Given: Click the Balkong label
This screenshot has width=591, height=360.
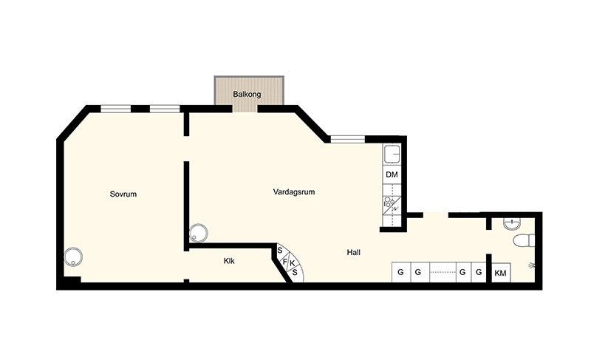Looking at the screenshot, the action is pos(247,94).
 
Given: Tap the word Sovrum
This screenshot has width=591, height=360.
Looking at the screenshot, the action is pos(123,194).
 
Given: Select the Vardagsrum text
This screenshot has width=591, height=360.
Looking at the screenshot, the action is pos(294,192).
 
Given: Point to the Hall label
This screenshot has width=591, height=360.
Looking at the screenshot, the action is pos(354,253).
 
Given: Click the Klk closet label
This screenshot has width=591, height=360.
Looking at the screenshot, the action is pos(229,261).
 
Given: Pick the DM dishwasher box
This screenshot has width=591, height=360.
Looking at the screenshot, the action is pos(392,174).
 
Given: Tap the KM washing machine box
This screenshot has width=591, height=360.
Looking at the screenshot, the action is pos(500,273).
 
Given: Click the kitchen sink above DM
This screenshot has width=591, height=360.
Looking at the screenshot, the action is pos(392,154).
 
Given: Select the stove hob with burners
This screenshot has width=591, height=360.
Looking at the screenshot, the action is pos(392,206).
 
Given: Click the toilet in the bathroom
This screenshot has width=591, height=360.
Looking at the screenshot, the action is pos(524,240).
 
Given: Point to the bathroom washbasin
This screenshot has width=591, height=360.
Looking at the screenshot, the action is pos(512,224).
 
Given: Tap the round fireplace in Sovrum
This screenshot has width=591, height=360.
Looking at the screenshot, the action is pos(73,257).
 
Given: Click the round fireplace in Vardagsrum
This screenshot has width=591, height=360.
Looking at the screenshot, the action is pos(198,234).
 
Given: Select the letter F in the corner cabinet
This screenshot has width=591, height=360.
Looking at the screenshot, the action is pos(284,261).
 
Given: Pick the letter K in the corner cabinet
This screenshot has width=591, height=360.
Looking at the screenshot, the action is pos(292,263).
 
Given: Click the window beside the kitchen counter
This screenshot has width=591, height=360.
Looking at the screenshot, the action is pos(348,140).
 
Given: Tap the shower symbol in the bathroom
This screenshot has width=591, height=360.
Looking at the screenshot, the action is pos(531,266).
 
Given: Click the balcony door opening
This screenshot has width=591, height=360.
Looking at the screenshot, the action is pos(245,109).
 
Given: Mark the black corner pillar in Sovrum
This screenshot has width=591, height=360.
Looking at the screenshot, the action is pos(72,279).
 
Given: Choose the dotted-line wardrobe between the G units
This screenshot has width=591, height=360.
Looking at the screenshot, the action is pos(443,272).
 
